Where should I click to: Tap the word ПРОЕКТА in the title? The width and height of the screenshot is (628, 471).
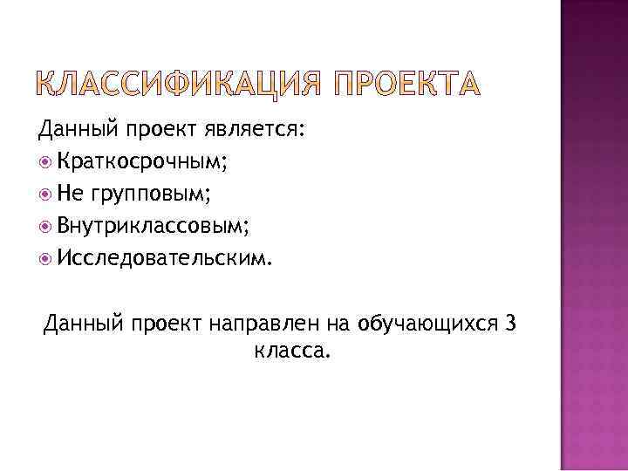406,86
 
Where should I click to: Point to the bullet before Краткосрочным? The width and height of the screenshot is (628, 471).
45,163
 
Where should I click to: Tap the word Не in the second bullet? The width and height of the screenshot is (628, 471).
71,194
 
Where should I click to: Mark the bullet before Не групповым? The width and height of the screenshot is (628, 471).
45,195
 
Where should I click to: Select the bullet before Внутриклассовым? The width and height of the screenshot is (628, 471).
45,227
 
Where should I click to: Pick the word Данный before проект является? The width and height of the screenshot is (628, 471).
79,132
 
